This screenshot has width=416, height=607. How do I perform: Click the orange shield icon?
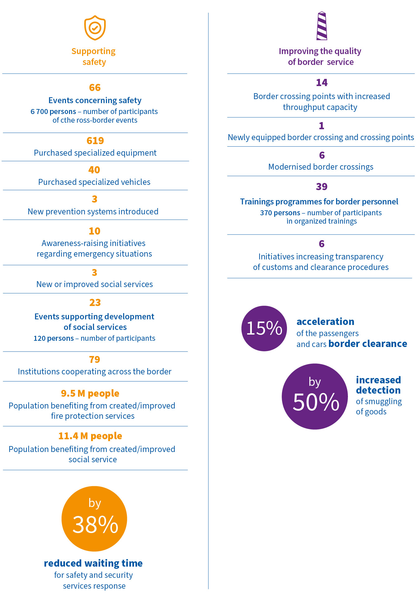95,28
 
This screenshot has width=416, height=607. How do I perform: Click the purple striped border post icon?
322,26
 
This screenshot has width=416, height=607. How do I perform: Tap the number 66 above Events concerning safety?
95,88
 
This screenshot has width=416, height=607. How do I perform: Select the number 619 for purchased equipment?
95,141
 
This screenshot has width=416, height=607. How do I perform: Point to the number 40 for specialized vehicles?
94,170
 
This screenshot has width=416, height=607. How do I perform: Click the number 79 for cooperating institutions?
95,359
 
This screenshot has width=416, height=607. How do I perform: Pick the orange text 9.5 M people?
90,394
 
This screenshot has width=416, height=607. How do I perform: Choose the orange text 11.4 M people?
90,436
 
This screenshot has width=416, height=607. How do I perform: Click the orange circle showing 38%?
94,519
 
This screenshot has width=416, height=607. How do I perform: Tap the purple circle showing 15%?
264,328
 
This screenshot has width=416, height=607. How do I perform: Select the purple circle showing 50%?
315,396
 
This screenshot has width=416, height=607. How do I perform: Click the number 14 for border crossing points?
322,83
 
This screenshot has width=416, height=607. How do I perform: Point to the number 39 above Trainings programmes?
322,187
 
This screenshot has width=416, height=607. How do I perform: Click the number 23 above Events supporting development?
95,303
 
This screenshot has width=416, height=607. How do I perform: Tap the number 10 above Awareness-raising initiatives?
95,231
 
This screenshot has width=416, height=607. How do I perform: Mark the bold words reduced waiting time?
93,563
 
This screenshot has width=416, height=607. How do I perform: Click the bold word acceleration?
325,322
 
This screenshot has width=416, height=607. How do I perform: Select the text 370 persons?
280,213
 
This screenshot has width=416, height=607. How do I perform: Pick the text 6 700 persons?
53,112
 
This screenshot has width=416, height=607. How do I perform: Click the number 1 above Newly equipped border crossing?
321,126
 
